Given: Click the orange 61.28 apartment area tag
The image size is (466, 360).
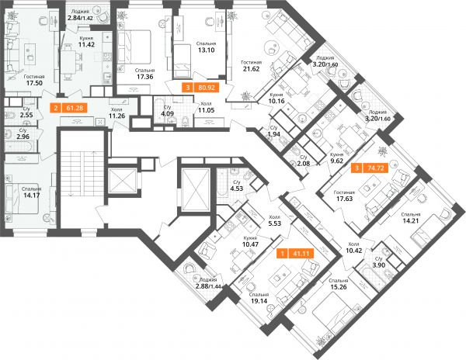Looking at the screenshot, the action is tap(69, 108).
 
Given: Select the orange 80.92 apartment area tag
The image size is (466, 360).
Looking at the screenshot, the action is tap(201, 88).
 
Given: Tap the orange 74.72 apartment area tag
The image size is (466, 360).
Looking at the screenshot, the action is tap(370, 168).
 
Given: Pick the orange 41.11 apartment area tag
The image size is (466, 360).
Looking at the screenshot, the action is tap(295, 254).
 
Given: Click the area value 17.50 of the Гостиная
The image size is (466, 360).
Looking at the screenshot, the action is tap(34, 83).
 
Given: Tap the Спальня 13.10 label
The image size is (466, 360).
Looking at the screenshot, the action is tap(207, 47).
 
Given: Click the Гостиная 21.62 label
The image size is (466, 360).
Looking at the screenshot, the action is tap(252, 66).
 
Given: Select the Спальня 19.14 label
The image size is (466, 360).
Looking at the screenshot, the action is tap(259, 298).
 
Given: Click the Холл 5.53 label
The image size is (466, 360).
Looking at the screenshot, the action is tap(275, 220).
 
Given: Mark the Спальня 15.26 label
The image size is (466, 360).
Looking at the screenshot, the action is tap(339, 284).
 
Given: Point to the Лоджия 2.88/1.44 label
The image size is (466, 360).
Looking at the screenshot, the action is tap(208, 283).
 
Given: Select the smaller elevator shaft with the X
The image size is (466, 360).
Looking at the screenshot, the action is tap(123, 181).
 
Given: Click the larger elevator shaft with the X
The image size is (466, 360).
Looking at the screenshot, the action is tap(194, 189).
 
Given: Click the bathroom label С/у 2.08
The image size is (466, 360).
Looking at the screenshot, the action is tap(304, 161).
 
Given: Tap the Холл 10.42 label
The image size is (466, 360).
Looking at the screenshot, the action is tap(354, 247).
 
